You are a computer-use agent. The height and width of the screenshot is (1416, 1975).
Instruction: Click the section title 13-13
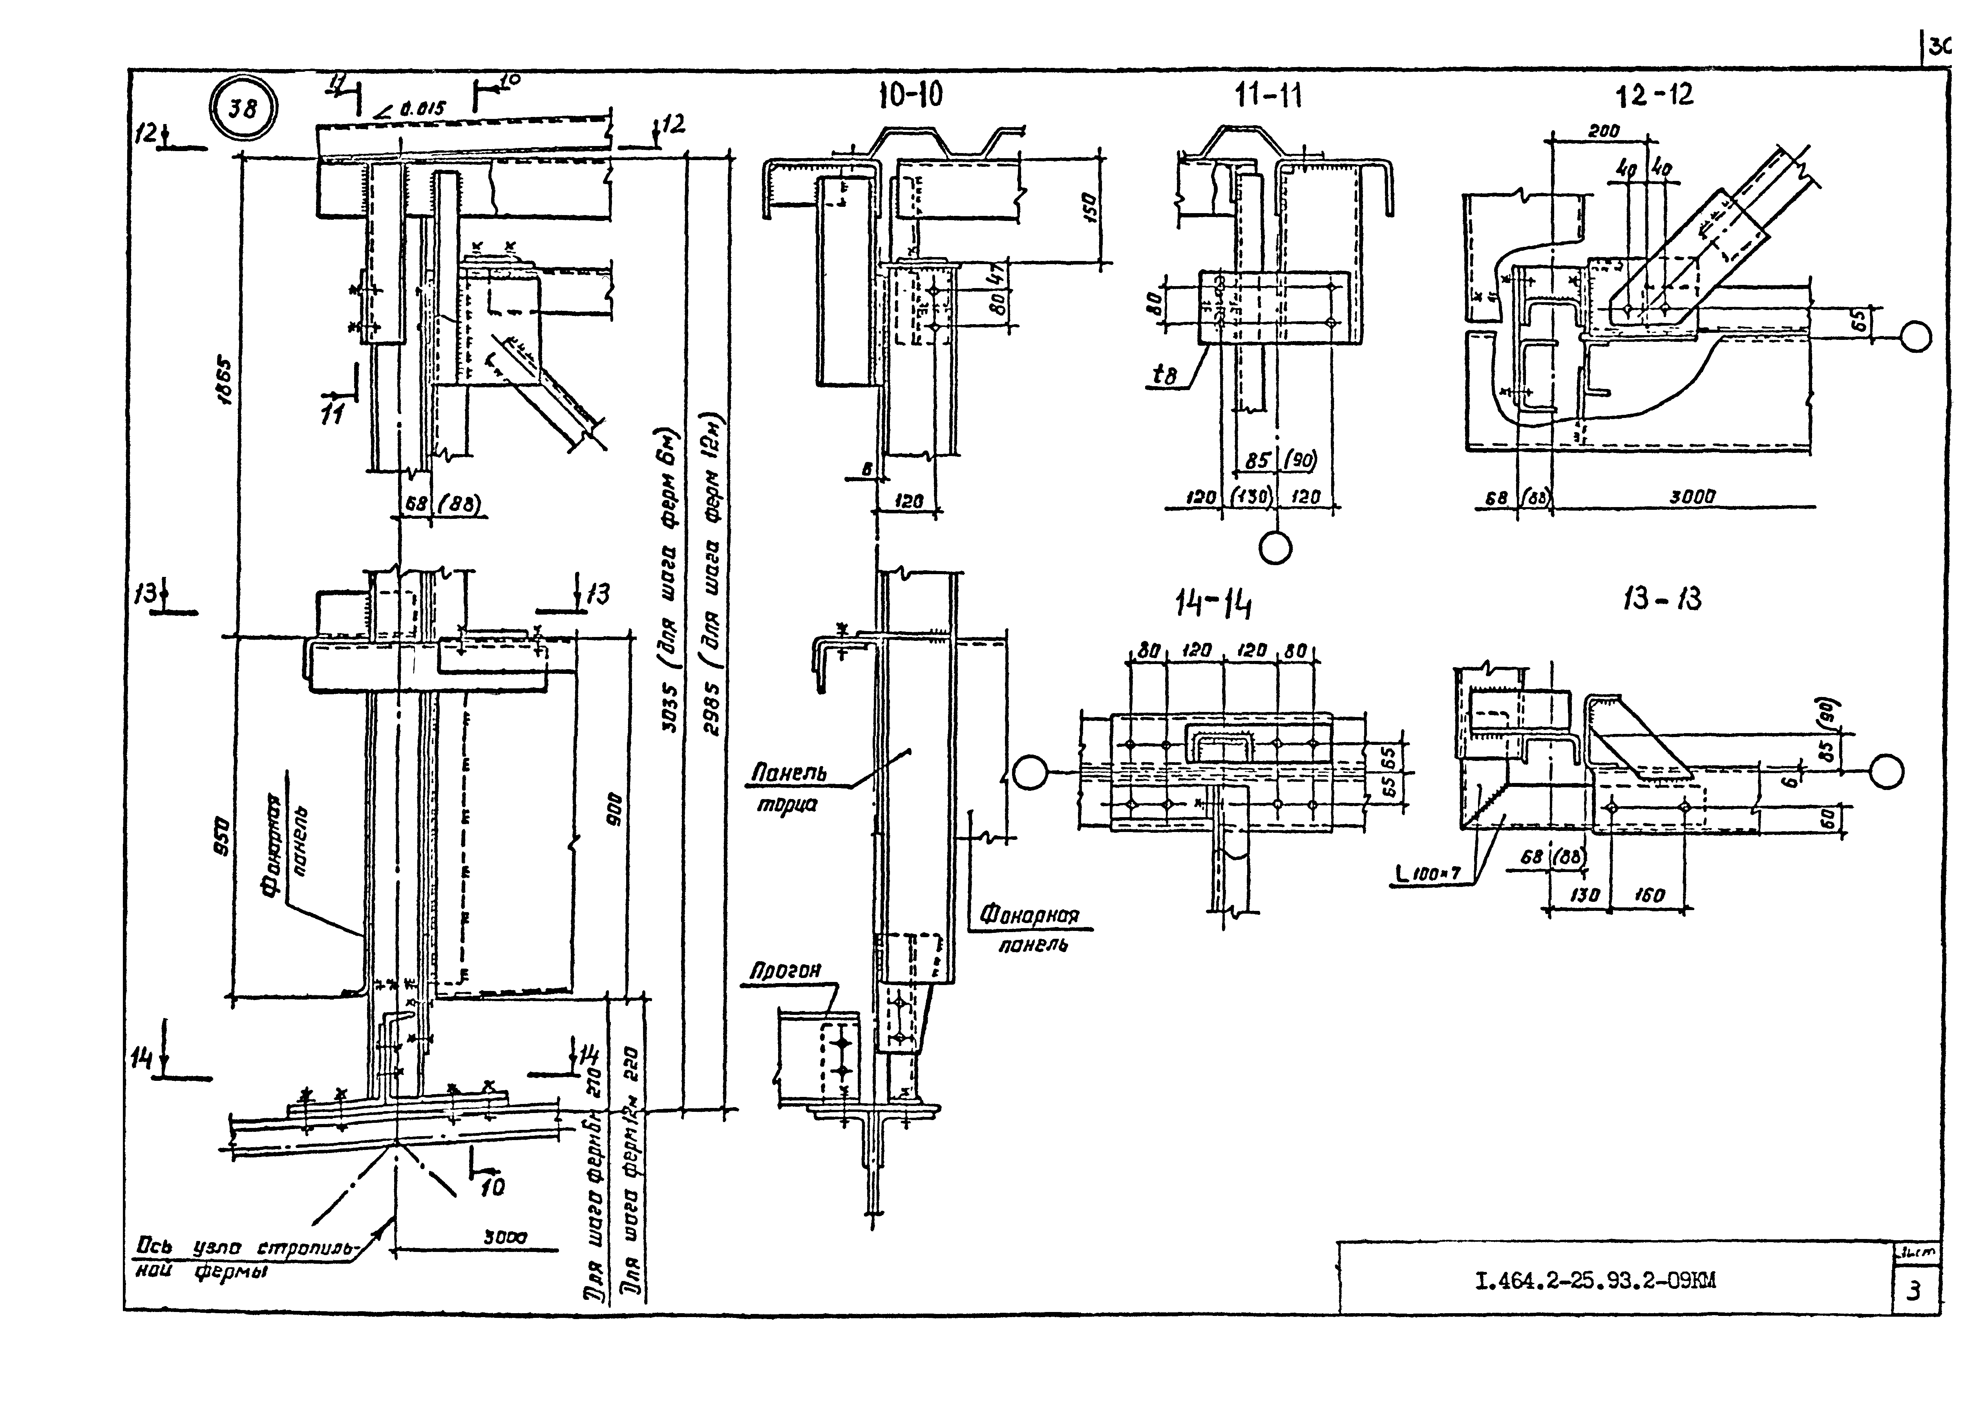click(1661, 599)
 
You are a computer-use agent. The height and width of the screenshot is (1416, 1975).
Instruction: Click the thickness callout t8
click(1164, 375)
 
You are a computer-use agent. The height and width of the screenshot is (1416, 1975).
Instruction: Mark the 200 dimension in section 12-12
click(1602, 131)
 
